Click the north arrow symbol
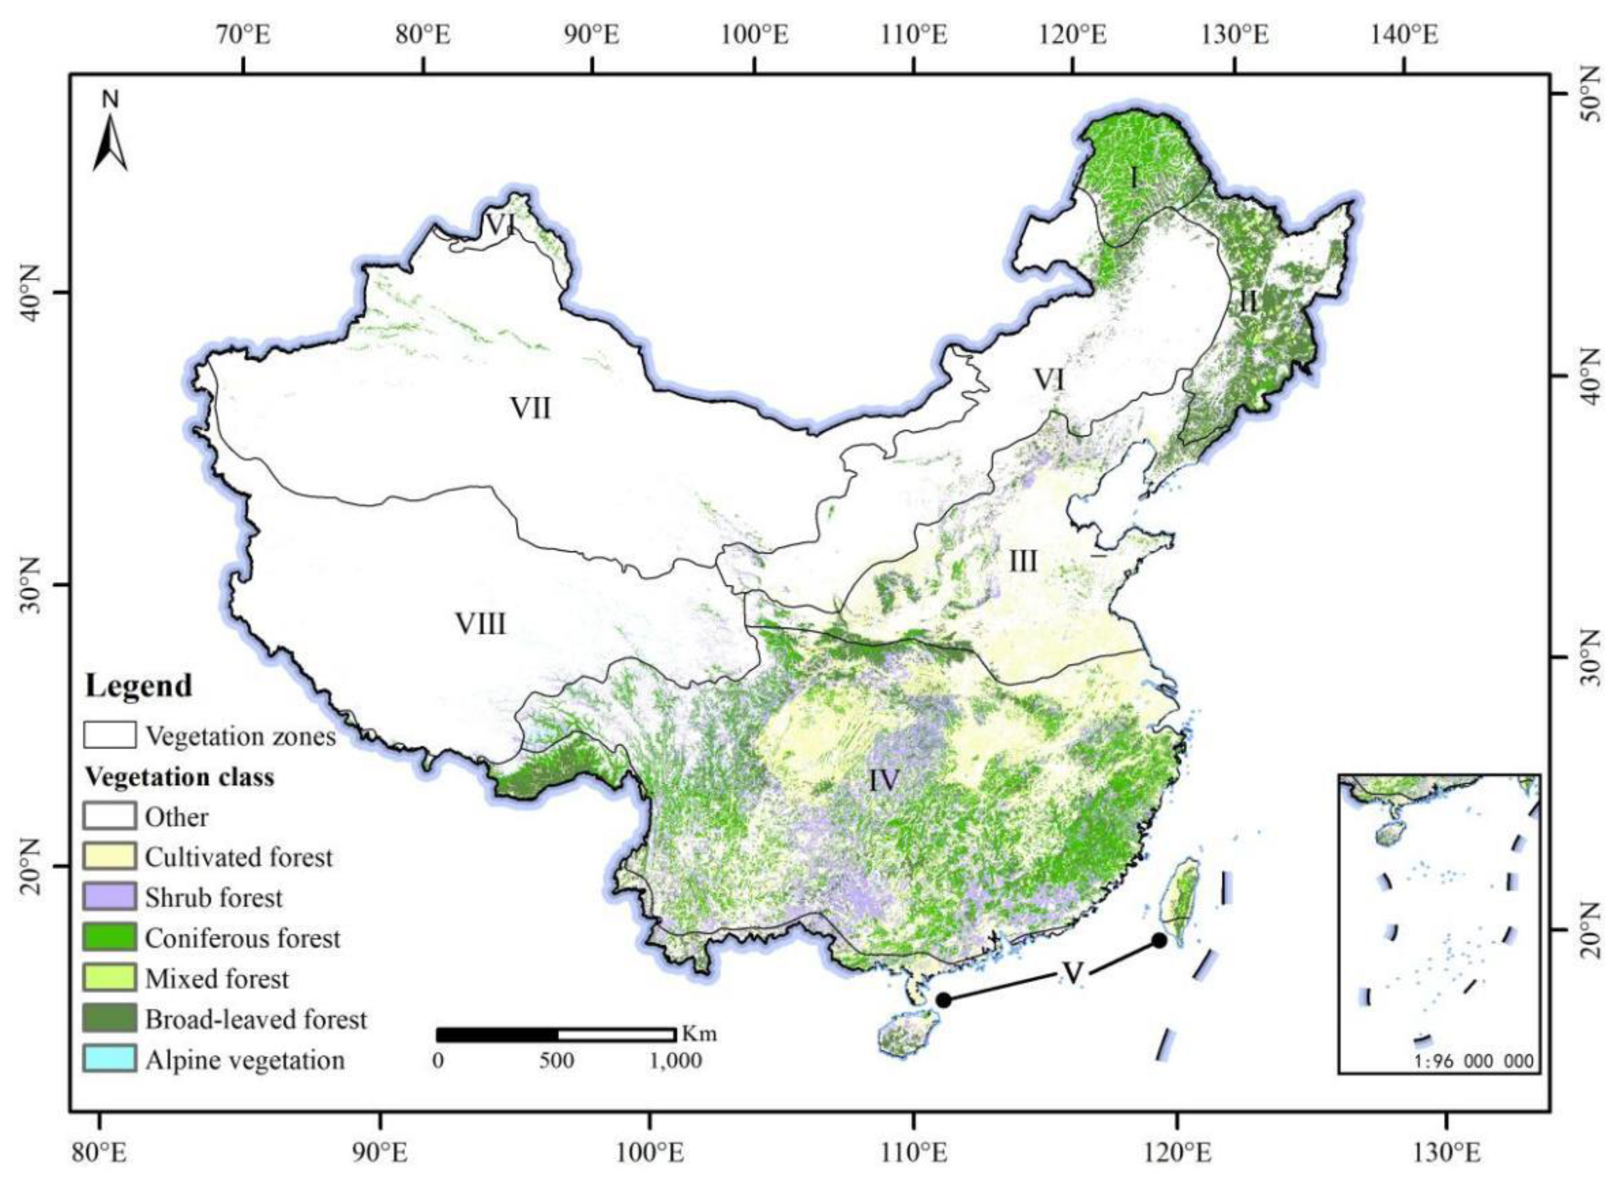coord(110,143)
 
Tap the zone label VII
coord(531,409)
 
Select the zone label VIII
coord(480,623)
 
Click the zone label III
coord(1022,561)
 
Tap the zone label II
coord(1248,302)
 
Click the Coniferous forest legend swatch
coord(109,937)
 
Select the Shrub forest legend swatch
coord(109,897)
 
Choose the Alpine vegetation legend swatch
coord(109,1059)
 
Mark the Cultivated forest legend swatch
coord(109,856)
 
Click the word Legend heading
coord(139,685)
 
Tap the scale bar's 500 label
coord(556,1060)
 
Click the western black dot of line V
coord(943,999)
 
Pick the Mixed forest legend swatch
coord(109,977)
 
